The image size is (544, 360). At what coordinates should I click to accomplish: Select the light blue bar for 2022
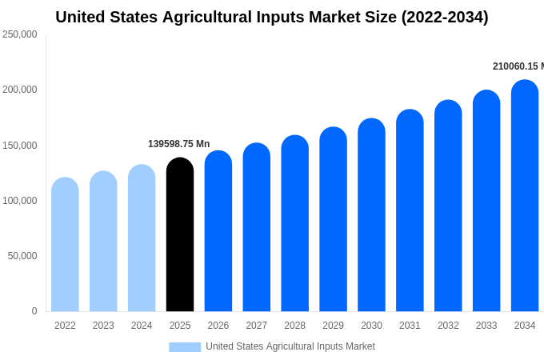tap(65, 245)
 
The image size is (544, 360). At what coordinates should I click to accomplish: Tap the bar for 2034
tap(525, 196)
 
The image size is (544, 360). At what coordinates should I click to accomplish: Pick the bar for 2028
tap(294, 223)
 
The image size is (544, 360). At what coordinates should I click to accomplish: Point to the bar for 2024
tap(142, 238)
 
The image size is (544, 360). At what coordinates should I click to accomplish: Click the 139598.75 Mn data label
tap(178, 144)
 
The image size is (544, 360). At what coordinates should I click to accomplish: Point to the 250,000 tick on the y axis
tap(20, 34)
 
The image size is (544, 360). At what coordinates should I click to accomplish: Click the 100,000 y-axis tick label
tap(20, 201)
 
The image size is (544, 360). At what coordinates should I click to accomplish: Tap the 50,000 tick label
tap(22, 256)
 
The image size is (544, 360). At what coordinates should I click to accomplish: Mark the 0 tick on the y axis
tap(34, 311)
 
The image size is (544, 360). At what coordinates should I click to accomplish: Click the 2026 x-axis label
tap(218, 326)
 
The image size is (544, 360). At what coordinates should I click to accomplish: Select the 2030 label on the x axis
tap(371, 326)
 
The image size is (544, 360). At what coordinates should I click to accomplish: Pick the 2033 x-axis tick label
tap(486, 326)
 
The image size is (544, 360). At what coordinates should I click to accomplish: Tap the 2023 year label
tap(103, 326)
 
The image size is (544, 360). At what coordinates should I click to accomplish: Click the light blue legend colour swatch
tap(185, 346)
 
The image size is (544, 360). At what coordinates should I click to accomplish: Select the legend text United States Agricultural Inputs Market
tap(290, 346)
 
